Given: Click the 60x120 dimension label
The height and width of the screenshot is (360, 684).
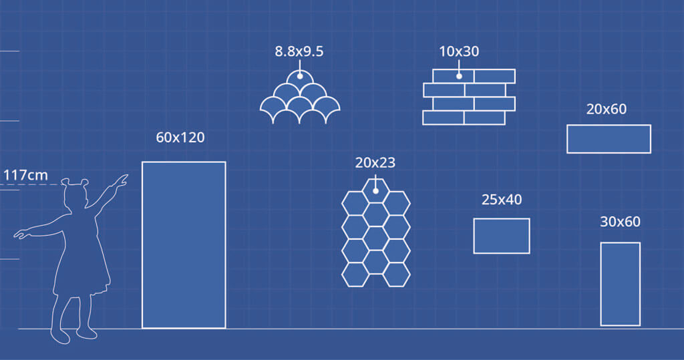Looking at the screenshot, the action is coord(180,138).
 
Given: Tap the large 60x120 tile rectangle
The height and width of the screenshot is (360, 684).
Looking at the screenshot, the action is coord(184,245).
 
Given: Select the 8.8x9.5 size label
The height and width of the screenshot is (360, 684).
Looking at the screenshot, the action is coord(299,51).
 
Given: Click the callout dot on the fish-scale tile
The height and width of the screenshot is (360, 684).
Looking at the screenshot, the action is coord(300,76).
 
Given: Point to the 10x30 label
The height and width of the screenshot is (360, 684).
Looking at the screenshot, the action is coord(459,51).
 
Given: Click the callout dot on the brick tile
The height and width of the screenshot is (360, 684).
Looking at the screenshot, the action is coord(459,76).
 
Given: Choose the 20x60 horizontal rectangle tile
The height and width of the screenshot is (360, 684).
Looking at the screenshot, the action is coord(609,139).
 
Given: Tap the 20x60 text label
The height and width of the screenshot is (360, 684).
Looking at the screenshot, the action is coord(607,109).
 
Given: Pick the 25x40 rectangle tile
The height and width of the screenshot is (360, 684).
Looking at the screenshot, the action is coord(502,236).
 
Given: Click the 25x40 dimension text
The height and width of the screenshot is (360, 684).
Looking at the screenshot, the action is coord(502,200).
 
